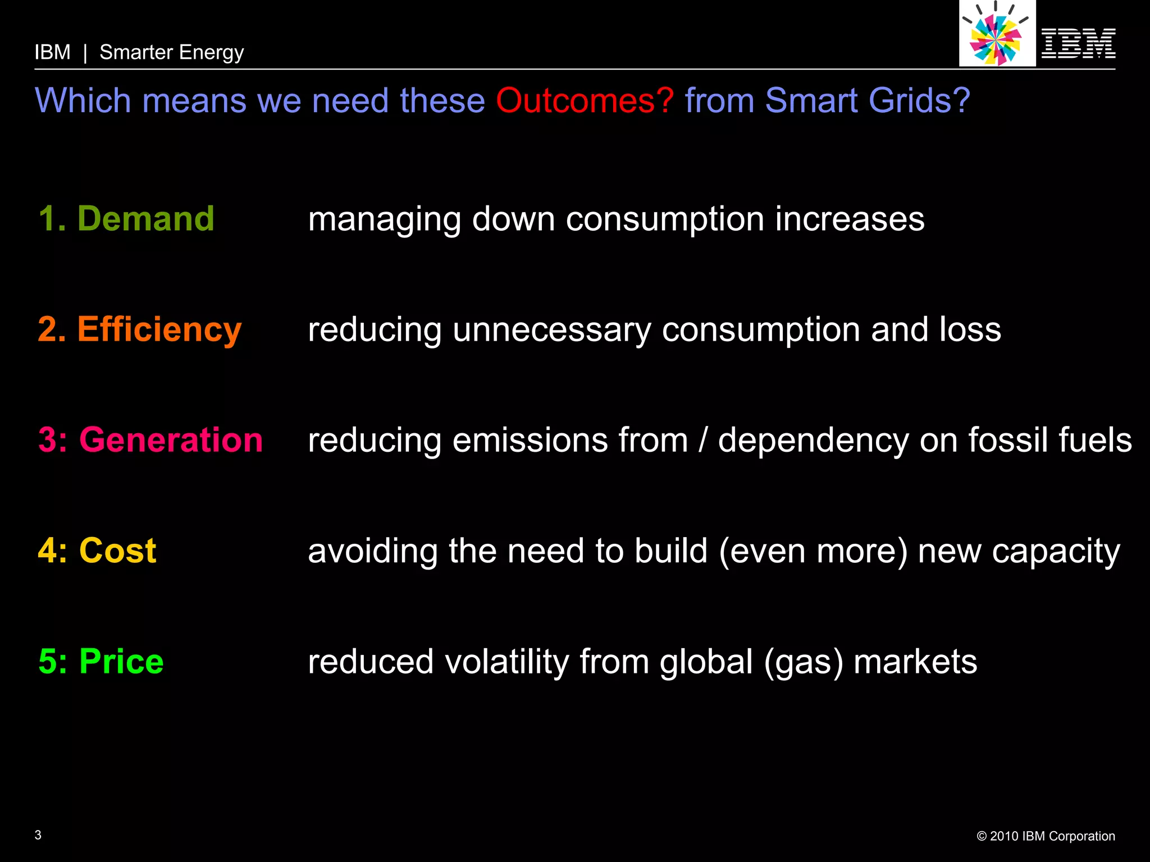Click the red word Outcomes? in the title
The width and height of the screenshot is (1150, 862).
(584, 101)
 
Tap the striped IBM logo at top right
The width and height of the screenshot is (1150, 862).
(1078, 43)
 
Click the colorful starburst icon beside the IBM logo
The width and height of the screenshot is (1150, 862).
(996, 35)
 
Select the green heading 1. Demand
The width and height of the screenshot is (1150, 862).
(126, 218)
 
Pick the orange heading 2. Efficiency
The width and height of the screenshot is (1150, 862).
(140, 329)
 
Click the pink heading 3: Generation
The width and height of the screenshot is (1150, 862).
(150, 439)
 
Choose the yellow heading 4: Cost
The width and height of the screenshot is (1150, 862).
(97, 550)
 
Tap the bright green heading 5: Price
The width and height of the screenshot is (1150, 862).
(101, 661)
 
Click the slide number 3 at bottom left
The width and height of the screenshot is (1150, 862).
(38, 835)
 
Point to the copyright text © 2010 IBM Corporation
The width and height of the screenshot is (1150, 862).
(1046, 836)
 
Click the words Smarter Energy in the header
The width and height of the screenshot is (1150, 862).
(171, 53)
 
